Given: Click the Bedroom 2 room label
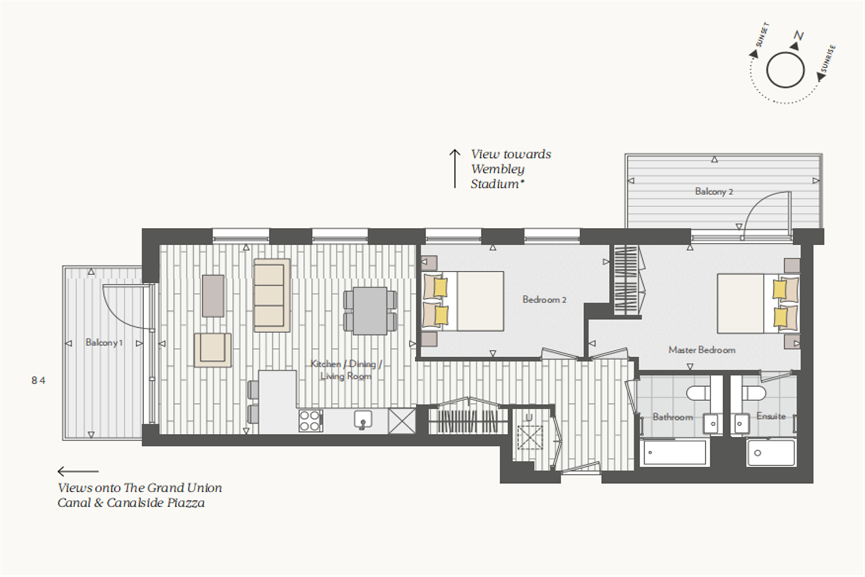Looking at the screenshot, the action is click(x=544, y=299).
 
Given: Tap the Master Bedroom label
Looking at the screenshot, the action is click(x=702, y=350).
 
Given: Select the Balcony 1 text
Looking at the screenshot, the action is click(x=104, y=342).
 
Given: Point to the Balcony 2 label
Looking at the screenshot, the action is click(x=714, y=192).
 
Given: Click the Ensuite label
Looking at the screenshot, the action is click(x=771, y=416).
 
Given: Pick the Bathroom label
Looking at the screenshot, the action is click(x=673, y=417).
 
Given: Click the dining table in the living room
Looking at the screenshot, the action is click(x=370, y=311).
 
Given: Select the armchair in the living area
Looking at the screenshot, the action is click(x=213, y=350).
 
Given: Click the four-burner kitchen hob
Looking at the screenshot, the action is click(x=310, y=421).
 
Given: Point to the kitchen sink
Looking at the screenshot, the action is click(x=363, y=419).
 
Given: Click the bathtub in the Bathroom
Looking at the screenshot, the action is click(x=675, y=452).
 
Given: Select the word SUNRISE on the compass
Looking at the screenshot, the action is click(x=828, y=59).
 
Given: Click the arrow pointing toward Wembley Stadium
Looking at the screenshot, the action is click(x=455, y=168).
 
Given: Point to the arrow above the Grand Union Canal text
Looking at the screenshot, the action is click(x=78, y=471).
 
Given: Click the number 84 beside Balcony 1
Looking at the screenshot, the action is click(x=38, y=381).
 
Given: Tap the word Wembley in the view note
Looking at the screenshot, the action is click(x=498, y=169).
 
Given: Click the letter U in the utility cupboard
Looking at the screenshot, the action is click(x=529, y=418).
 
